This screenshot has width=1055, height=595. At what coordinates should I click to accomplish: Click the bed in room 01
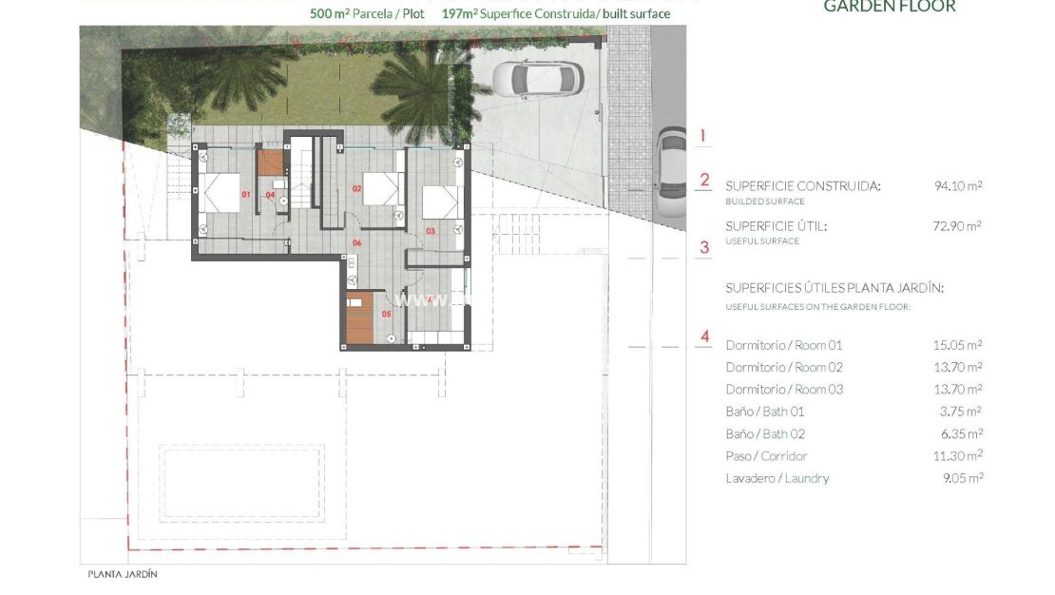pos(222,196)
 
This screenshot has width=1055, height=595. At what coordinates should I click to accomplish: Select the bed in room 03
pos(440,202)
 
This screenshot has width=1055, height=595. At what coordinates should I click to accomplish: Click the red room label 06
pos(357,243)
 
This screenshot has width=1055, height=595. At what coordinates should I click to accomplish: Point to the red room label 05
pos(386,313)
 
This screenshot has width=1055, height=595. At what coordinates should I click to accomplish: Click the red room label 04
pos(270,196)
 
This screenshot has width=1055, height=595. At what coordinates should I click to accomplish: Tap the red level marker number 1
pos(703,136)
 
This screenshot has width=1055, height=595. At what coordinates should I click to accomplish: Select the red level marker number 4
pos(704,336)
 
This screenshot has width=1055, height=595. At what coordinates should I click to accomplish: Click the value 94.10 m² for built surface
pos(958,186)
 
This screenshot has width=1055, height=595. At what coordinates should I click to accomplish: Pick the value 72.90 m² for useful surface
pos(958,226)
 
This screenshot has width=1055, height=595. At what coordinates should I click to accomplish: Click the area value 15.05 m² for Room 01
pos(958,345)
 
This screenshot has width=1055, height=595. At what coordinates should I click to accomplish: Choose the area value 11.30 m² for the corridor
pos(958,456)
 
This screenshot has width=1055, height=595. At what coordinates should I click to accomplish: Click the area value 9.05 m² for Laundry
pos(960,478)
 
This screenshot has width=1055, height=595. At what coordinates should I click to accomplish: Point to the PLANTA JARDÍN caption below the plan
pos(122,574)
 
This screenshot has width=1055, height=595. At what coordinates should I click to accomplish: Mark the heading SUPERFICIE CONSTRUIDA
pos(802,186)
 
